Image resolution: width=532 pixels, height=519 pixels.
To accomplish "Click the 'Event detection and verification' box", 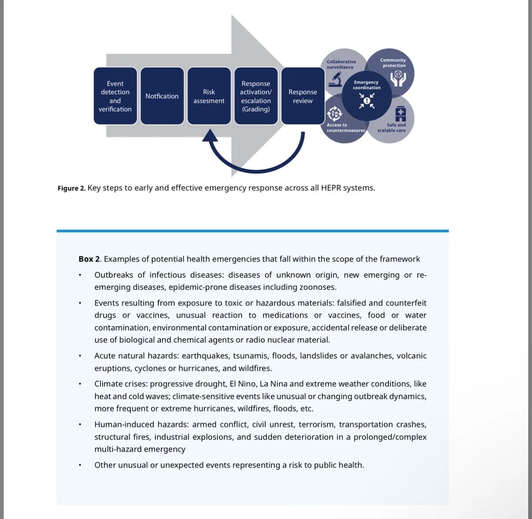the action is pyautogui.click(x=115, y=96).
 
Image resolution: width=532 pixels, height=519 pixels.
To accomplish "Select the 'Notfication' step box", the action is pyautogui.click(x=162, y=96).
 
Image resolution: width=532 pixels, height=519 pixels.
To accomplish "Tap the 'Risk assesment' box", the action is pyautogui.click(x=209, y=96).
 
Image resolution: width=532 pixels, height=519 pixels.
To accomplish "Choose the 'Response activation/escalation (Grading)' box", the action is pyautogui.click(x=256, y=96).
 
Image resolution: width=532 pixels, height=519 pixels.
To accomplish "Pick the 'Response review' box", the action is pyautogui.click(x=303, y=96).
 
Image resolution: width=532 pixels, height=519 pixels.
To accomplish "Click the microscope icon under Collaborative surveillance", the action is pyautogui.click(x=335, y=79).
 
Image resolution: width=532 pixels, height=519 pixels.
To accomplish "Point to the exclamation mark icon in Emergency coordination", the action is pyautogui.click(x=367, y=100).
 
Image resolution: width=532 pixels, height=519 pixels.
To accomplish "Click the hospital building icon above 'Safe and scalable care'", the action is pyautogui.click(x=400, y=114).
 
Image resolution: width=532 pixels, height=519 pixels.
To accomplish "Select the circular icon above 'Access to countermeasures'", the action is pyautogui.click(x=334, y=114).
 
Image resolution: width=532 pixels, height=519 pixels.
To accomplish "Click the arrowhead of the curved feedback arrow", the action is pyautogui.click(x=210, y=136).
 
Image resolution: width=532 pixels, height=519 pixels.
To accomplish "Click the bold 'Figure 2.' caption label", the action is pyautogui.click(x=71, y=188).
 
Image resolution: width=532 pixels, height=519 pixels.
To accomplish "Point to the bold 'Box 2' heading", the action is pyautogui.click(x=89, y=259).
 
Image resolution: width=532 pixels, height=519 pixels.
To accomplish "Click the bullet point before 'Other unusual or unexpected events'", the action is pyautogui.click(x=79, y=465).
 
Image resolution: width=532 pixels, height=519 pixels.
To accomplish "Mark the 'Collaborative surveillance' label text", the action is pyautogui.click(x=341, y=64).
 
